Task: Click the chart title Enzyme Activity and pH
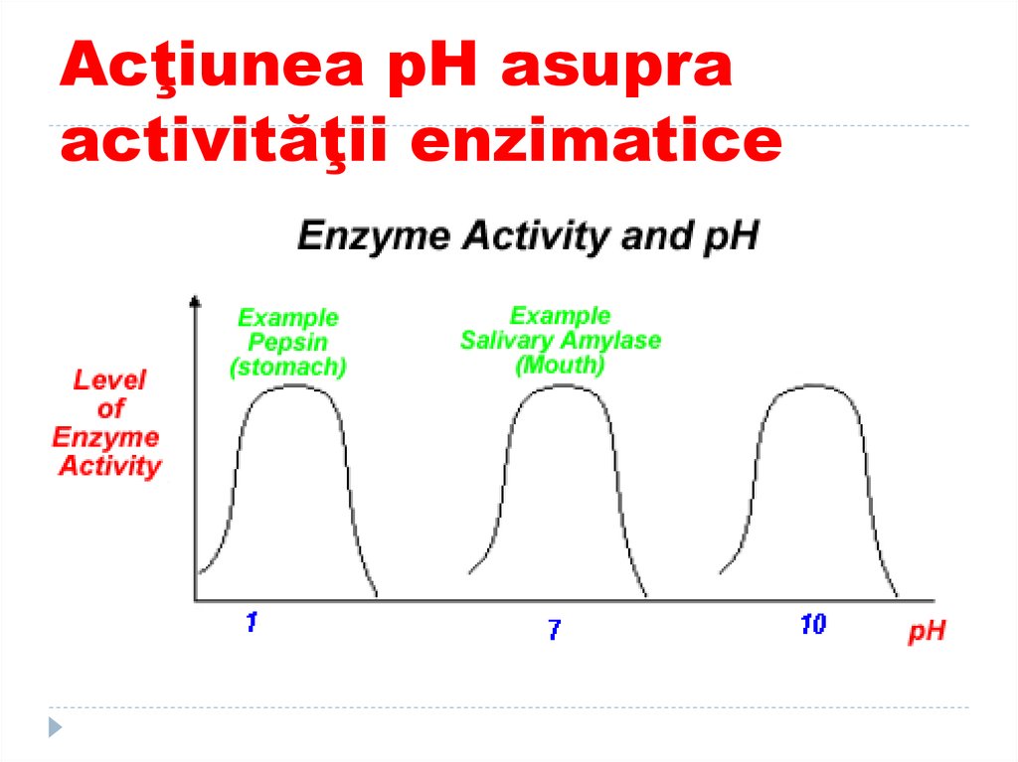point(528,237)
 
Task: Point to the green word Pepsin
point(288,343)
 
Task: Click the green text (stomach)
point(288,368)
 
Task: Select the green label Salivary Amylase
point(561,341)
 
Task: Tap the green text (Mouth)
point(560,365)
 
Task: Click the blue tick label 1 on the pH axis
point(252,623)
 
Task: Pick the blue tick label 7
point(554,629)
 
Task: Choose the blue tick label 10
point(812,625)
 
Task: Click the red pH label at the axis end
point(927,632)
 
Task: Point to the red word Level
point(110,380)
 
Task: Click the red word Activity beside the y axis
point(109,466)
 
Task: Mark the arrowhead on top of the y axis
point(195,299)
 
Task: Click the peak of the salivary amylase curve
point(559,385)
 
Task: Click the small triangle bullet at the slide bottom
point(56,726)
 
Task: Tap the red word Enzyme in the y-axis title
point(106,437)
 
